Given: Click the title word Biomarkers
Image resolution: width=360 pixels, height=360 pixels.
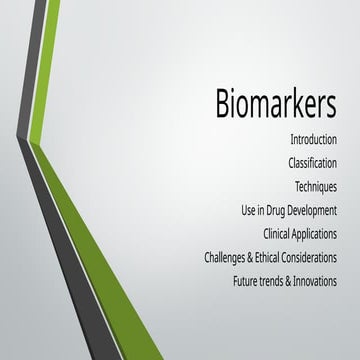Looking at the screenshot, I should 275,105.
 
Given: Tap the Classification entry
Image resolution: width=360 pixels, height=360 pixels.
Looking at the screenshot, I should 311,162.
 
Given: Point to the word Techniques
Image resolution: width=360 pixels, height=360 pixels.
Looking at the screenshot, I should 315,186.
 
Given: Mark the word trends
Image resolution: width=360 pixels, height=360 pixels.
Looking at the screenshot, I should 277,281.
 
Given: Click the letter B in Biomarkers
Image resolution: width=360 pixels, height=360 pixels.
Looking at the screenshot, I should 225,105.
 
